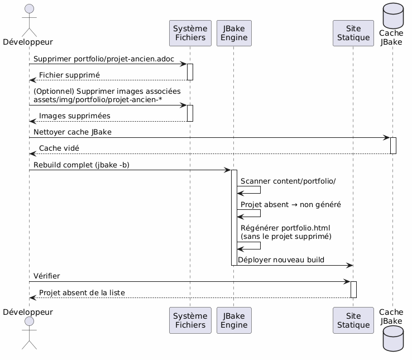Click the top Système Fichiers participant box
190,33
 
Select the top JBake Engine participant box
234,33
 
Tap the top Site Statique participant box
353,33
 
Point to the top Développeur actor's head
28,7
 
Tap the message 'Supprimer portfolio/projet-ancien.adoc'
103,59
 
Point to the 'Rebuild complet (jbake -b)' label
81,165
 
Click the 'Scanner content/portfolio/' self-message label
288,182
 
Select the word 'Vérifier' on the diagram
47,276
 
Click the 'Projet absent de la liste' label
82,293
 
